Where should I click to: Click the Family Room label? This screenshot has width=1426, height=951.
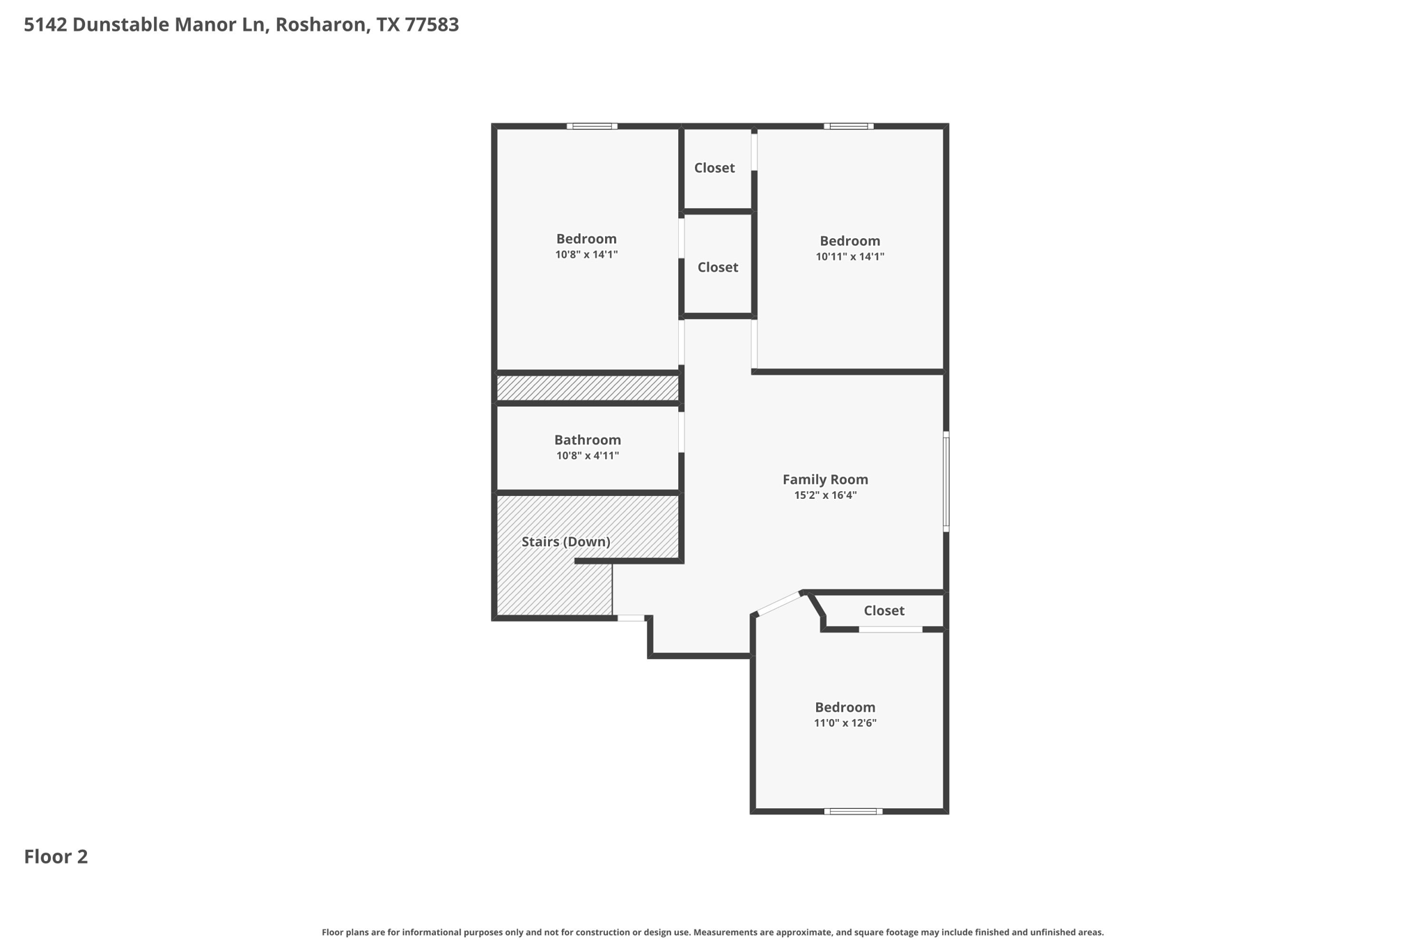[825, 479]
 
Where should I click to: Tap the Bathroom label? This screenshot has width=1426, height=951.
[587, 440]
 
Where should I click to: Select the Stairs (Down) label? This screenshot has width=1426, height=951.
[565, 541]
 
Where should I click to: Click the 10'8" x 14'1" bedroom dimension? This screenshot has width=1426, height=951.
[586, 255]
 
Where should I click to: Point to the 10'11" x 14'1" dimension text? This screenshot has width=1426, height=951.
[849, 256]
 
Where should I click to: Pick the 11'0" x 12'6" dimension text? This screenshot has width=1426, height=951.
[845, 723]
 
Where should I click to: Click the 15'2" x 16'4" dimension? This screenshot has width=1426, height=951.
[825, 495]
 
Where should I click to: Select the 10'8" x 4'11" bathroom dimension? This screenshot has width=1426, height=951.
[587, 456]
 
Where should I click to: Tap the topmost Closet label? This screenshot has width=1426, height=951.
[714, 168]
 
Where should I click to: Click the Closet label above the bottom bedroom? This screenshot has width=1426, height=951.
[884, 610]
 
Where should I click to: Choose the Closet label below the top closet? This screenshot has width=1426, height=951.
[717, 267]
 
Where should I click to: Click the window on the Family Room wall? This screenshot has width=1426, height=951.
[946, 481]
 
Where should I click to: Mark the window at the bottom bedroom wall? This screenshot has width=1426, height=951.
[853, 811]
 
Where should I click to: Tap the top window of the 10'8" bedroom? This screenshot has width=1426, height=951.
[592, 126]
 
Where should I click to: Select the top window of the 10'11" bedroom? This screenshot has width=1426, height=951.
[849, 126]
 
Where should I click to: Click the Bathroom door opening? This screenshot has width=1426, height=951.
[681, 432]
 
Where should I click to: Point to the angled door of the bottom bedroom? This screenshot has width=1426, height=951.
[778, 603]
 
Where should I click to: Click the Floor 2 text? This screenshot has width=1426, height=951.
[56, 856]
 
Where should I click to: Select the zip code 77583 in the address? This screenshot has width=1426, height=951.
[432, 25]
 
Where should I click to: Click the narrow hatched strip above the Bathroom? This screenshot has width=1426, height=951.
[587, 388]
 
